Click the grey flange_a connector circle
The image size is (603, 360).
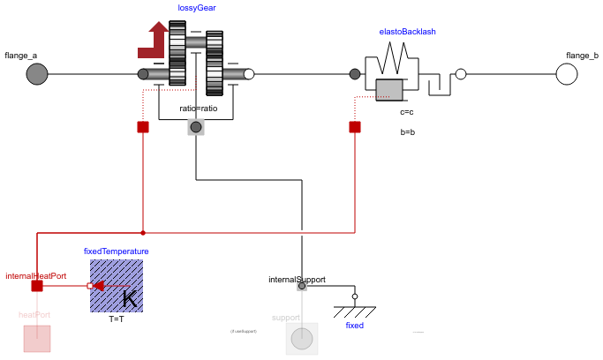point(36,74)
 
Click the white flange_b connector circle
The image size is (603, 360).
point(566,74)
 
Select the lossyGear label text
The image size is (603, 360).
point(197,8)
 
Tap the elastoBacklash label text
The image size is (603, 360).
point(407,32)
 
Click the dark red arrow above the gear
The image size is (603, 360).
point(155,42)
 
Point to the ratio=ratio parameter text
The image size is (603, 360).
point(198,109)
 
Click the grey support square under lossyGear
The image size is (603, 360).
point(196,127)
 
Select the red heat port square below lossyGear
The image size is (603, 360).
point(143,127)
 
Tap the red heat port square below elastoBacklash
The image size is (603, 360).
point(355,127)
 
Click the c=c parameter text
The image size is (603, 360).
point(407,112)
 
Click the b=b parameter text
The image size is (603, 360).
point(407,131)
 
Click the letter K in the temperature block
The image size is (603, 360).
point(129,300)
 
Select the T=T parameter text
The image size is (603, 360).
point(117,319)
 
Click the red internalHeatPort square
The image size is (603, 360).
point(37,286)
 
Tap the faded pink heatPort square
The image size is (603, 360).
point(37,339)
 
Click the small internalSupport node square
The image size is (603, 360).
point(302,286)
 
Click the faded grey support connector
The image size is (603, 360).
point(302,339)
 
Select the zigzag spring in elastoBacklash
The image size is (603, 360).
point(391,63)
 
